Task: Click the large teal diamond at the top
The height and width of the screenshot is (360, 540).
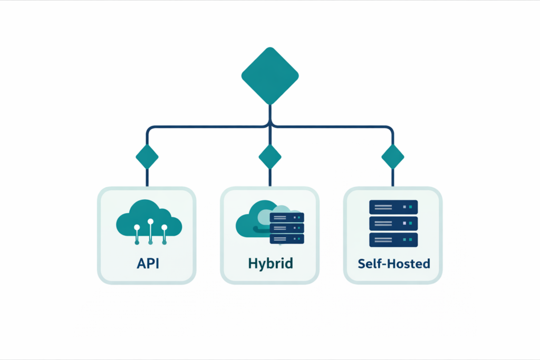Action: coord(270,75)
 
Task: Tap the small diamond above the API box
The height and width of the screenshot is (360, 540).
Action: coord(147,156)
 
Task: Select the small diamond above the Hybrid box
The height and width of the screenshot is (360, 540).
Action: coord(270,156)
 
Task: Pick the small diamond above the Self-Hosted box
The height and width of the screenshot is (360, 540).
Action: coord(393,156)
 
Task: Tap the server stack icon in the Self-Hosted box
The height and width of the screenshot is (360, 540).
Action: coord(393,223)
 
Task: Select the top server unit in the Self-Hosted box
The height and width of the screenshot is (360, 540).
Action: coord(393,207)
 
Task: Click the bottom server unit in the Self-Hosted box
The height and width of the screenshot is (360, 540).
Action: coord(393,240)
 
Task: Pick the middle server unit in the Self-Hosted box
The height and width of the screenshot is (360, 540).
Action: coord(393,223)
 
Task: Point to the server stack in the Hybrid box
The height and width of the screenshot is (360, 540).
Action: coord(287,228)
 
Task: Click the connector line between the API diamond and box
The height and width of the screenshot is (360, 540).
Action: coord(147,177)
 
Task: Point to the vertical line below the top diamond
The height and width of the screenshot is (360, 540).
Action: coord(270,115)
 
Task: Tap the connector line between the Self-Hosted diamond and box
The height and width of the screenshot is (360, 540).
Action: coord(393,177)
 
